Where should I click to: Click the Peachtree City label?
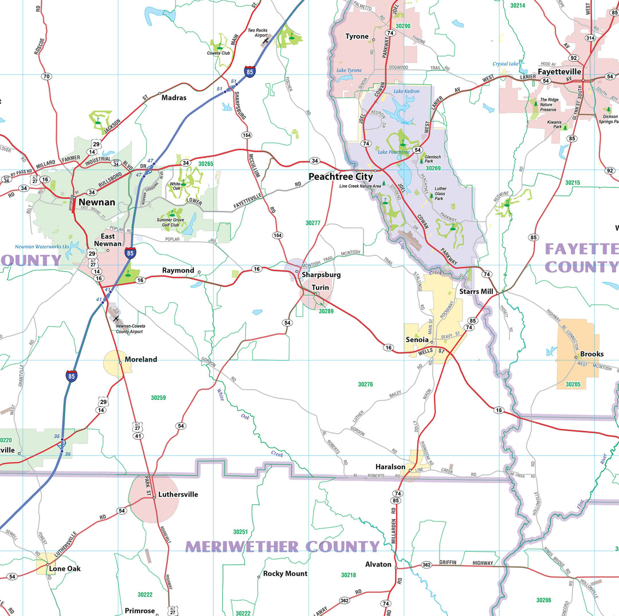340,176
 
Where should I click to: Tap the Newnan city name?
97,202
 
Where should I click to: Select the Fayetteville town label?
559,72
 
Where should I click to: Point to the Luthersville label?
178,494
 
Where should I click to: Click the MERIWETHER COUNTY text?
282,547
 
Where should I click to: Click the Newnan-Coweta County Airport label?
130,328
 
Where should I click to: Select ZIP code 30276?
366,384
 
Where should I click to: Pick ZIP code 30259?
158,397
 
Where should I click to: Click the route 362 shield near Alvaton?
426,564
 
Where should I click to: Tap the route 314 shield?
590,38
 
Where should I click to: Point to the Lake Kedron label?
406,91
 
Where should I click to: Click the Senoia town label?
417,340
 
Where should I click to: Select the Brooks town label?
591,354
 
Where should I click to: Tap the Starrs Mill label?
476,292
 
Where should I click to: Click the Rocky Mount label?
285,574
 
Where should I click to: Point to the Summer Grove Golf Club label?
170,222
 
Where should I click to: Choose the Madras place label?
174,98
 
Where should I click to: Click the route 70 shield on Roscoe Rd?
46,76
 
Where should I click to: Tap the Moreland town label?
140,359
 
